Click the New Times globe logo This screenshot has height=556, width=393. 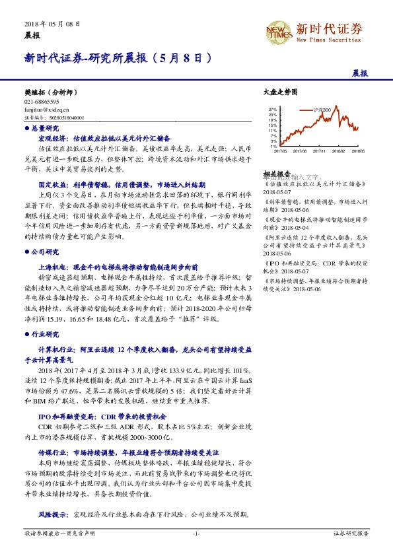click(277, 31)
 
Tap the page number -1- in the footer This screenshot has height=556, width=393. click(196, 533)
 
